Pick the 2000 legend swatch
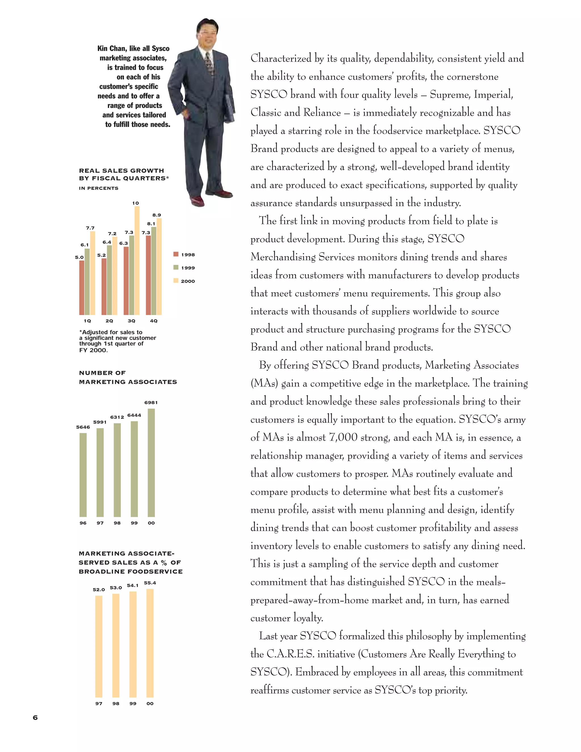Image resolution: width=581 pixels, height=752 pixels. coord(176,281)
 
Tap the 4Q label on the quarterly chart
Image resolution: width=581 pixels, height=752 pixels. coord(153,321)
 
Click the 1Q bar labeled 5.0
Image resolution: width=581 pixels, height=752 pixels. coord(82,287)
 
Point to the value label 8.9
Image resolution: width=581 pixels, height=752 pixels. coord(157,215)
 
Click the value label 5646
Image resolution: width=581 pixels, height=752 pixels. coord(83,427)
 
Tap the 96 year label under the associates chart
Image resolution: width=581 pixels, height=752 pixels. coord(83,523)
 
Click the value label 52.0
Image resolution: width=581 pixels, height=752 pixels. coord(99,590)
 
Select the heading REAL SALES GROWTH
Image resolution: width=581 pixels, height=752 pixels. coord(121,171)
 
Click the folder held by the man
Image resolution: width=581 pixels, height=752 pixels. coord(230,107)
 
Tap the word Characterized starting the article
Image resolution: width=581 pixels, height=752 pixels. coord(281,58)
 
